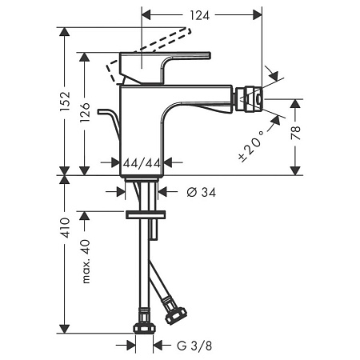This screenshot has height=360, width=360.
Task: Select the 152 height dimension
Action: pyautogui.click(x=67, y=101)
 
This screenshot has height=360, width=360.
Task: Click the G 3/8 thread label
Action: pyautogui.click(x=195, y=346)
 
